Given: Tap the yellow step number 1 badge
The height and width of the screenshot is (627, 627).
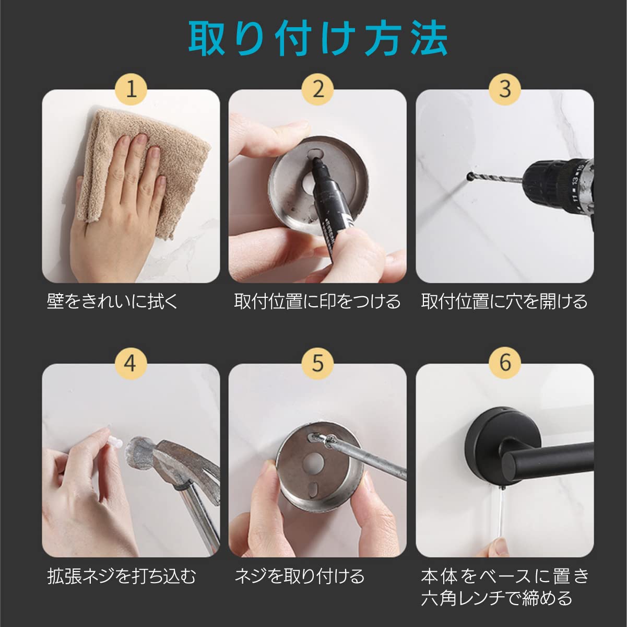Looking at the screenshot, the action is (x=131, y=89).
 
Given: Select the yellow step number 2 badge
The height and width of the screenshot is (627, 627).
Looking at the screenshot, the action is (x=317, y=89).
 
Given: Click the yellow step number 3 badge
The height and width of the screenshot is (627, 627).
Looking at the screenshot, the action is (x=505, y=89).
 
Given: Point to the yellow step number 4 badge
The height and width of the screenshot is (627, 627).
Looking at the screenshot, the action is (x=131, y=363).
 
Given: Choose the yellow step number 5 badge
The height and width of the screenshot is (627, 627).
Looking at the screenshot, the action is (x=317, y=363).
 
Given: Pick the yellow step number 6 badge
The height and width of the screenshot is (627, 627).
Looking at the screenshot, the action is (x=505, y=363).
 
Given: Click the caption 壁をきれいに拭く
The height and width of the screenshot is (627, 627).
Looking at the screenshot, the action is (x=113, y=301).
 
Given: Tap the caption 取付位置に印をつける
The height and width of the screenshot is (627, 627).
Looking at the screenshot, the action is (x=317, y=301).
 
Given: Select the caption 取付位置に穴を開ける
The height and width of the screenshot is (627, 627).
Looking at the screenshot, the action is (x=504, y=301).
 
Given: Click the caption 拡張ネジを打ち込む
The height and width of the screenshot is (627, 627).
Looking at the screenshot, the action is (x=121, y=576).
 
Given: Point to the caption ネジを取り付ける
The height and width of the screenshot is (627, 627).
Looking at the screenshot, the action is (x=299, y=576).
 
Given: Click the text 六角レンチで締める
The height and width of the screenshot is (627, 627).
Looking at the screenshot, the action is (x=496, y=598).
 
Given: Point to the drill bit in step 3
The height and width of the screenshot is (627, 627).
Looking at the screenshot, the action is (x=494, y=178).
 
